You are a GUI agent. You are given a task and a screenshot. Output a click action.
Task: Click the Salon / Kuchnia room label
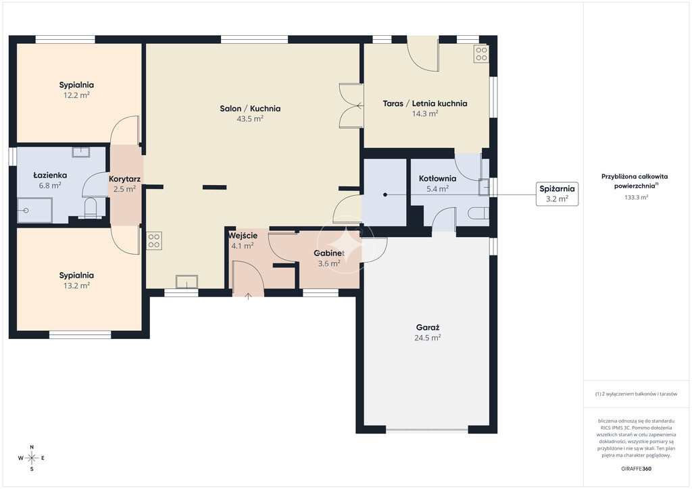(x=250, y=109)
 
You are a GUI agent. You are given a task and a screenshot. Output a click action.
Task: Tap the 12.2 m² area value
(x=76, y=95)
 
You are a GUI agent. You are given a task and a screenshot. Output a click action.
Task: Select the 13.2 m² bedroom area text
(x=76, y=286)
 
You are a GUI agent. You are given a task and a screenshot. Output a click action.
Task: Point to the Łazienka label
(x=50, y=176)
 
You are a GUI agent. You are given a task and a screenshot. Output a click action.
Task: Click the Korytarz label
(x=124, y=179)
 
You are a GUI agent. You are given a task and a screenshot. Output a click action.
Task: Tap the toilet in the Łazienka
(x=90, y=208)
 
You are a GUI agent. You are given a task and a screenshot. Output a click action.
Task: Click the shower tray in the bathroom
(x=35, y=210)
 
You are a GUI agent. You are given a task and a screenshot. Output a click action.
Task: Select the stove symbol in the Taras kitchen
(x=481, y=54)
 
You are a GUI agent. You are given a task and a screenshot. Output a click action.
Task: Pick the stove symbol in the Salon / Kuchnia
(x=154, y=240)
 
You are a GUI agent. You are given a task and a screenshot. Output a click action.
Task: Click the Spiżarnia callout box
(x=557, y=194)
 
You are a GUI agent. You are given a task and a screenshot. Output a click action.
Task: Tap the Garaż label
(x=428, y=328)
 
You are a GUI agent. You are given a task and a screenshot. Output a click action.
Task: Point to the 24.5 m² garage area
(x=428, y=338)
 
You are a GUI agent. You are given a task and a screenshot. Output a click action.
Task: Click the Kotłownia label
(x=437, y=178)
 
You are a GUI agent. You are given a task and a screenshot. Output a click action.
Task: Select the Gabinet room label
(x=329, y=253)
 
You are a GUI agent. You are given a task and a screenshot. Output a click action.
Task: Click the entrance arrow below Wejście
(x=249, y=297)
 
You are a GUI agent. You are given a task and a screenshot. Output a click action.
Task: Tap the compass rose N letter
(x=32, y=447)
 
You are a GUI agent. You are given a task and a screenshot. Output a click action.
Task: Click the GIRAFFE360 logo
(x=636, y=469)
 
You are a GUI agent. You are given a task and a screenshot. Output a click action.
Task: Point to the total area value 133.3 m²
(x=636, y=197)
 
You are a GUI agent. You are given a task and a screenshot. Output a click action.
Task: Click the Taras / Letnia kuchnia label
(x=425, y=103)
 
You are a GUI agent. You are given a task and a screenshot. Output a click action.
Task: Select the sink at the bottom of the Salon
(x=187, y=282)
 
